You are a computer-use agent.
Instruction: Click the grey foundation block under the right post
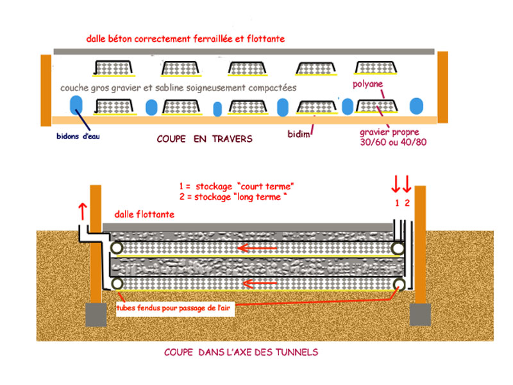[x=422, y=314]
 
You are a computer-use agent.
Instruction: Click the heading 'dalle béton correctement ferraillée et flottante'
[x=185, y=38]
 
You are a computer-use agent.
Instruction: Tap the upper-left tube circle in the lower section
[x=117, y=248]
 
